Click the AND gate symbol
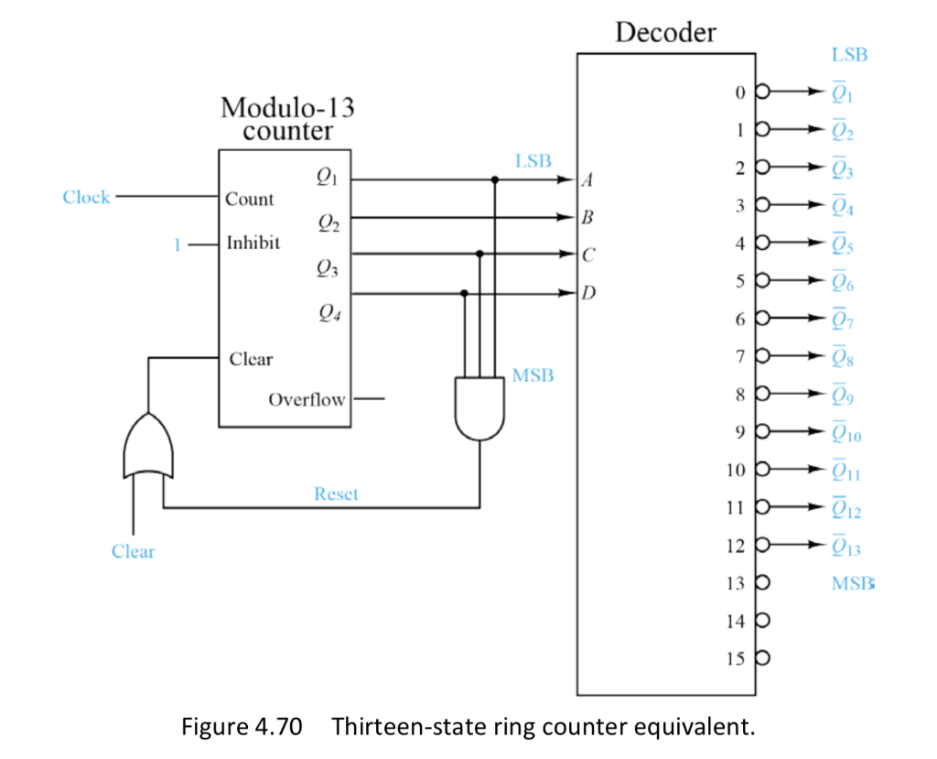click(479, 407)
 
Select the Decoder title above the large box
click(665, 33)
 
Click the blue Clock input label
click(86, 197)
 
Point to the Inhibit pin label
click(254, 244)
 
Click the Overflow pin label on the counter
click(307, 400)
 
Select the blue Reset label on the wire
click(337, 494)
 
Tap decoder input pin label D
click(588, 294)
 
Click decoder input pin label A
click(588, 181)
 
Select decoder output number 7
click(740, 354)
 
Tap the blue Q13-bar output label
click(845, 548)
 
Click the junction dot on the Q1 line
click(495, 180)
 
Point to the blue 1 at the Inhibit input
click(178, 244)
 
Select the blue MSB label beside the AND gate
click(533, 376)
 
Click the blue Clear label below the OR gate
click(133, 551)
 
